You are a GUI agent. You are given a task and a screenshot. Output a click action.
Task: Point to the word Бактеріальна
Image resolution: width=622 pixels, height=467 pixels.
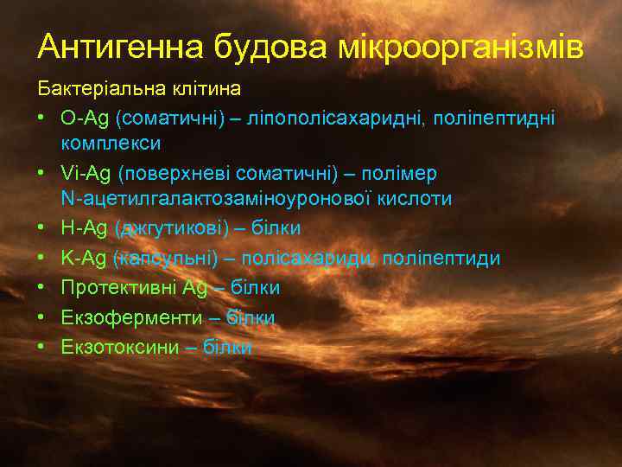click(94, 89)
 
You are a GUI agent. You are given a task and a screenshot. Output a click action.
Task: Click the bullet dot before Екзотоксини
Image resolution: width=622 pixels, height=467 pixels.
click(41, 347)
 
